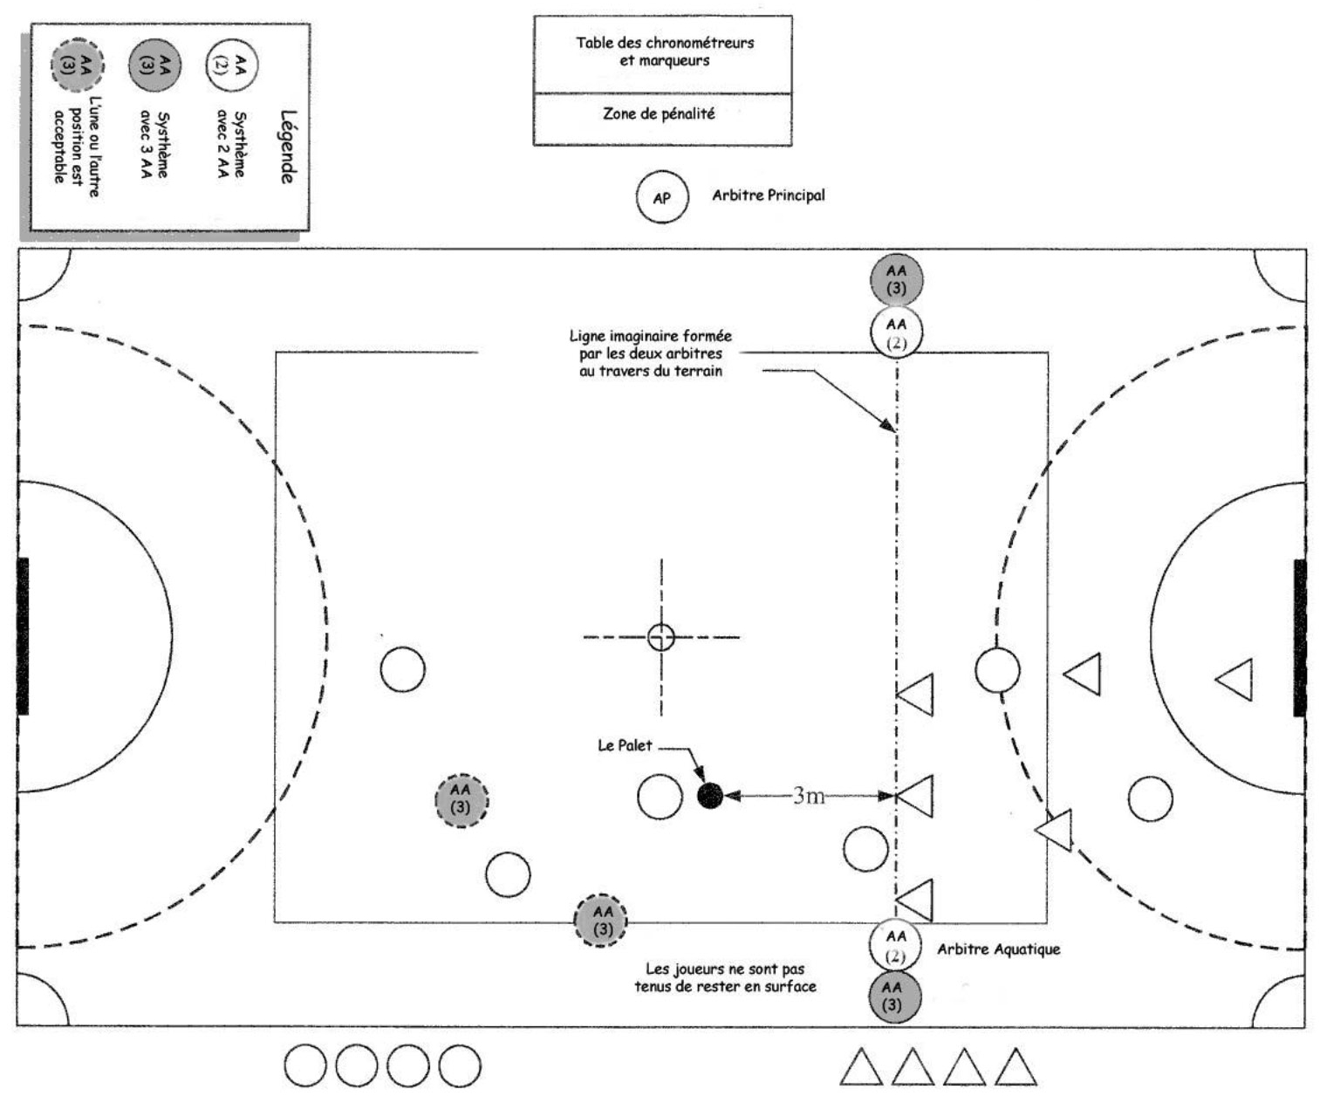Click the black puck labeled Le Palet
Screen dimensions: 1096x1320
pos(710,795)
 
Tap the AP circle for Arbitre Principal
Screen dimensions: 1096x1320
pos(662,197)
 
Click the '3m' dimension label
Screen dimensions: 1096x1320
pos(808,795)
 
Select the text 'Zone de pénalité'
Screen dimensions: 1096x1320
pos(659,113)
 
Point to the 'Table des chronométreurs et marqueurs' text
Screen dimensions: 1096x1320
pos(665,51)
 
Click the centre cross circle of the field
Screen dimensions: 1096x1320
pos(661,637)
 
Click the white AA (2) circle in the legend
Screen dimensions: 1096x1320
pos(232,65)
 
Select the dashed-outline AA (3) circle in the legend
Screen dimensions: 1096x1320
pos(78,65)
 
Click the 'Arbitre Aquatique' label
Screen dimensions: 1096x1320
pos(999,949)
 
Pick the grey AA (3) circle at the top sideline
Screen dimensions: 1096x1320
pos(896,279)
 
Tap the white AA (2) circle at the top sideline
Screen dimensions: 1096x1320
pos(896,332)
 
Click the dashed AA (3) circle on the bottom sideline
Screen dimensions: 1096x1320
pos(601,921)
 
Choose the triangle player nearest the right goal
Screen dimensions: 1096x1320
pos(1236,679)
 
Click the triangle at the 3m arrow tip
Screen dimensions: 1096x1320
pos(916,796)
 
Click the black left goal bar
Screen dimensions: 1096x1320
pos(23,636)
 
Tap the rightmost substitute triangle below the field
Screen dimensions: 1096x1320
pos(1015,1068)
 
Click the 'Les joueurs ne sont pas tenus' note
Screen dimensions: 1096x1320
pos(725,977)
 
